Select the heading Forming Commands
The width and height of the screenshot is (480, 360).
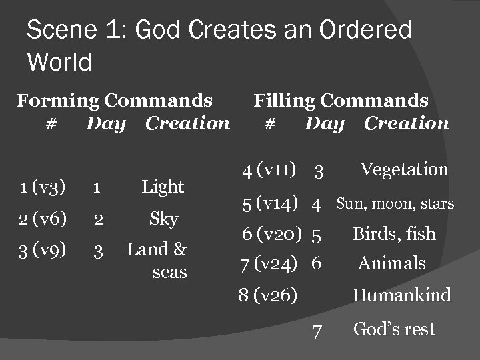tap(115, 101)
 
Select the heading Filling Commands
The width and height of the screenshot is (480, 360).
tap(341, 101)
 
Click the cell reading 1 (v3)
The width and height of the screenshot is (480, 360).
tap(43, 188)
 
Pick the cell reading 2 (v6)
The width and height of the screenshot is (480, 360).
tap(43, 219)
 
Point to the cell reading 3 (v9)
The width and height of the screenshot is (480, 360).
tap(43, 251)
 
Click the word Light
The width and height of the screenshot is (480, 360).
tap(163, 187)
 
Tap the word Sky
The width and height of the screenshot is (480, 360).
tap(163, 219)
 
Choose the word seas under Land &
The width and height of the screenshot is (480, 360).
tap(169, 273)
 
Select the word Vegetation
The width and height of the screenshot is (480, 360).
tap(404, 169)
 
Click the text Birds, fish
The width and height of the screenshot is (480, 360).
tap(393, 234)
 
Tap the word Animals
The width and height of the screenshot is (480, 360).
tap(391, 263)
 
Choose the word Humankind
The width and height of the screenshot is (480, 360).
tap(401, 295)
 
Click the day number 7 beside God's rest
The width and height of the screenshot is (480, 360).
tap(318, 330)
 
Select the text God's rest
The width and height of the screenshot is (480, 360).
tap(393, 329)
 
